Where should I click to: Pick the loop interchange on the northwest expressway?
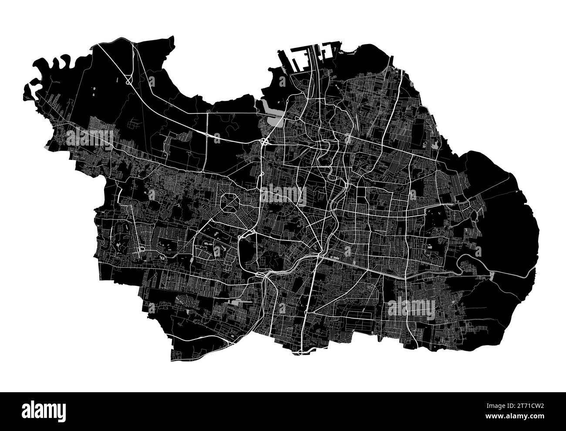coord(128,80)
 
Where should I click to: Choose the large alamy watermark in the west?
coord(89,139)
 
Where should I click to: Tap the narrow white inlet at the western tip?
coord(31,85)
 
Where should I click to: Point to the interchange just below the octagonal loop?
coord(252,232)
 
